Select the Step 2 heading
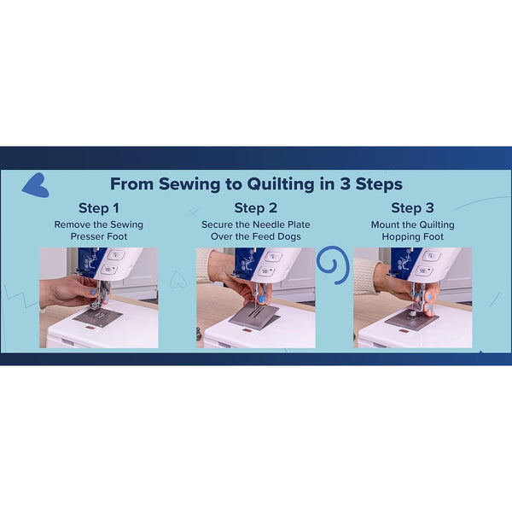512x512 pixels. [255, 208]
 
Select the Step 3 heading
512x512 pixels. [412, 208]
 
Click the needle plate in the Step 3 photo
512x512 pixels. [411, 320]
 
